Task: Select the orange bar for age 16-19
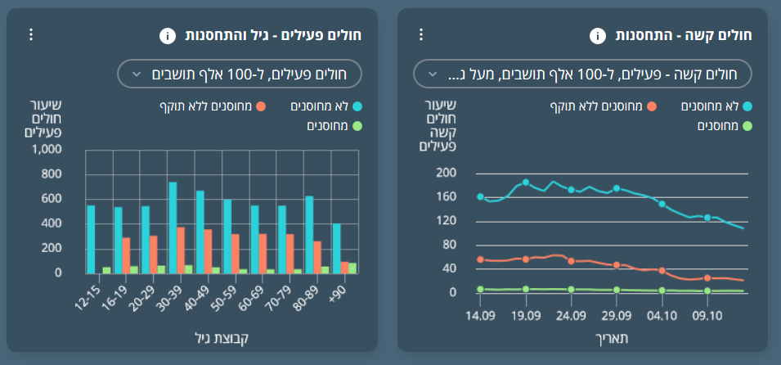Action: (x=126, y=255)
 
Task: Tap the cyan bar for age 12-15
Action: (x=91, y=239)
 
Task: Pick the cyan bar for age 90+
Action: (x=336, y=248)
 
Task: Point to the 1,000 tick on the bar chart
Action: (x=46, y=150)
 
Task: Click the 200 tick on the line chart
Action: (x=446, y=173)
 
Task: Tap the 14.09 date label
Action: (x=480, y=315)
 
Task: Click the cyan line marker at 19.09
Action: (x=526, y=182)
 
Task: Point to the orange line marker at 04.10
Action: (x=662, y=270)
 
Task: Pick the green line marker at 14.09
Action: (x=480, y=289)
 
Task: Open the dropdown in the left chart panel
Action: (x=239, y=74)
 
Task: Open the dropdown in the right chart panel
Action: (x=581, y=74)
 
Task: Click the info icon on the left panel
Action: (x=167, y=35)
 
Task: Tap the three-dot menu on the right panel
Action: (x=421, y=34)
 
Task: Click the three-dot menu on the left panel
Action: (x=31, y=34)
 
